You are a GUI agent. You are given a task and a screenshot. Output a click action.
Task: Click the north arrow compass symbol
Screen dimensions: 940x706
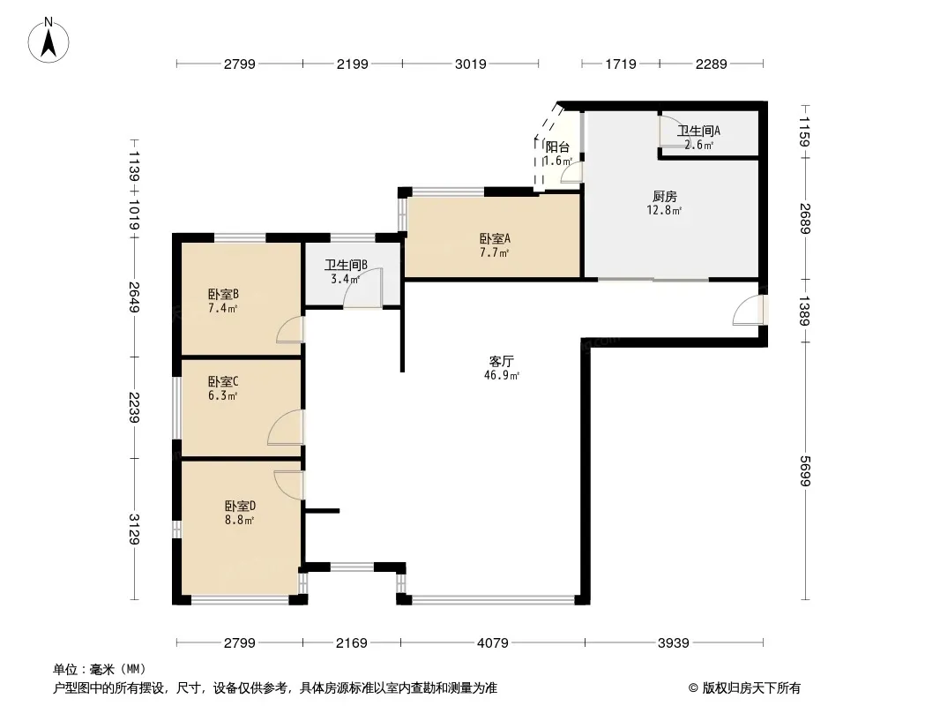pos(48,41)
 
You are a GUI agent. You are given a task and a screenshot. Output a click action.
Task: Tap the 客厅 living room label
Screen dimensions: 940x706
pos(501,361)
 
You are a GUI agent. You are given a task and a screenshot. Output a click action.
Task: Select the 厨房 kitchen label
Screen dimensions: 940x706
pos(664,196)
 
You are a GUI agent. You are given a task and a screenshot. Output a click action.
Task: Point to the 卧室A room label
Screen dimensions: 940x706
pos(495,238)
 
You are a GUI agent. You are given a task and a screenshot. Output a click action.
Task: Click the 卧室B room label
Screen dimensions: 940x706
pos(223,294)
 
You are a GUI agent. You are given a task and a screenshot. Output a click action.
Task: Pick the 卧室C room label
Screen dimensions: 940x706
pos(223,381)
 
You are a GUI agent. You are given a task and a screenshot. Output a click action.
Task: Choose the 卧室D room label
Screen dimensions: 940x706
pos(240,506)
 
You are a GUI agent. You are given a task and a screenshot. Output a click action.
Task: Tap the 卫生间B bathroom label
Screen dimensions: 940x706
pos(346,265)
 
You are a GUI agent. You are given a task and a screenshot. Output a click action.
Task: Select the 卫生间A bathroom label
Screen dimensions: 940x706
pos(698,130)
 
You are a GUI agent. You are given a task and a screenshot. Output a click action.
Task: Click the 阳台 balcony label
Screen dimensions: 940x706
pos(557,146)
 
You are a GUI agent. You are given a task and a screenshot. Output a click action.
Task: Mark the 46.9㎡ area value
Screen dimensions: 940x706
pos(501,375)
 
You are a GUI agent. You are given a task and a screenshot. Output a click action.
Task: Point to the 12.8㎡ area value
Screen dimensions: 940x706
pos(664,210)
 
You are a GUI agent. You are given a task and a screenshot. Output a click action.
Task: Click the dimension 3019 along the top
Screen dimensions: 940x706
pos(470,64)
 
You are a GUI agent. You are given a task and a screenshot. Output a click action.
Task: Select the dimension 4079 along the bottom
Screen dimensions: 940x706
pos(492,643)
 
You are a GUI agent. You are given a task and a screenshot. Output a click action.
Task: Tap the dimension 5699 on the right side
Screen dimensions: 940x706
pos(804,471)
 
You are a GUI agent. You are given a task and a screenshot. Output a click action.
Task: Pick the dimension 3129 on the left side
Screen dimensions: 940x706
pos(134,529)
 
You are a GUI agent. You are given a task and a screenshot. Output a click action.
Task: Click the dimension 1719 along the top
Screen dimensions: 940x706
pos(621,64)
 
